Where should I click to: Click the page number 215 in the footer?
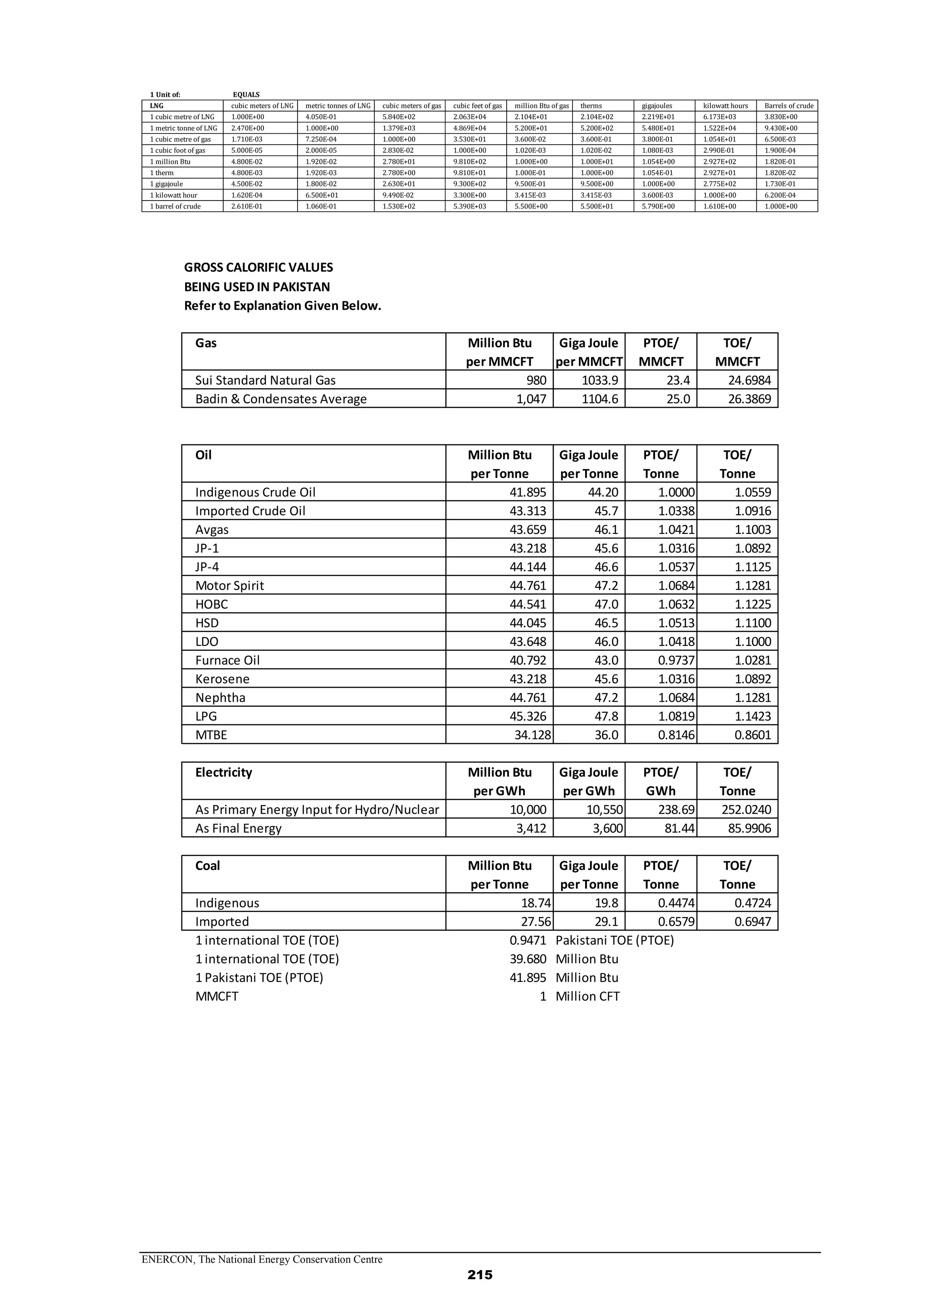tap(479, 1275)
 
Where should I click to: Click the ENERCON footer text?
tap(262, 1259)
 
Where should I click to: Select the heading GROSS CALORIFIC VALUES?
tap(258, 267)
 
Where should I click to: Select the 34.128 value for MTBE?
tap(532, 735)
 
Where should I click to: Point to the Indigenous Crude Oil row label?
tap(255, 492)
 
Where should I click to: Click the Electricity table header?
tap(223, 772)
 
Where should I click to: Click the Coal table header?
tap(207, 866)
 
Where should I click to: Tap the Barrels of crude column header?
tap(788, 106)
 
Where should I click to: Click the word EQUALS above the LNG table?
tap(246, 95)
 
